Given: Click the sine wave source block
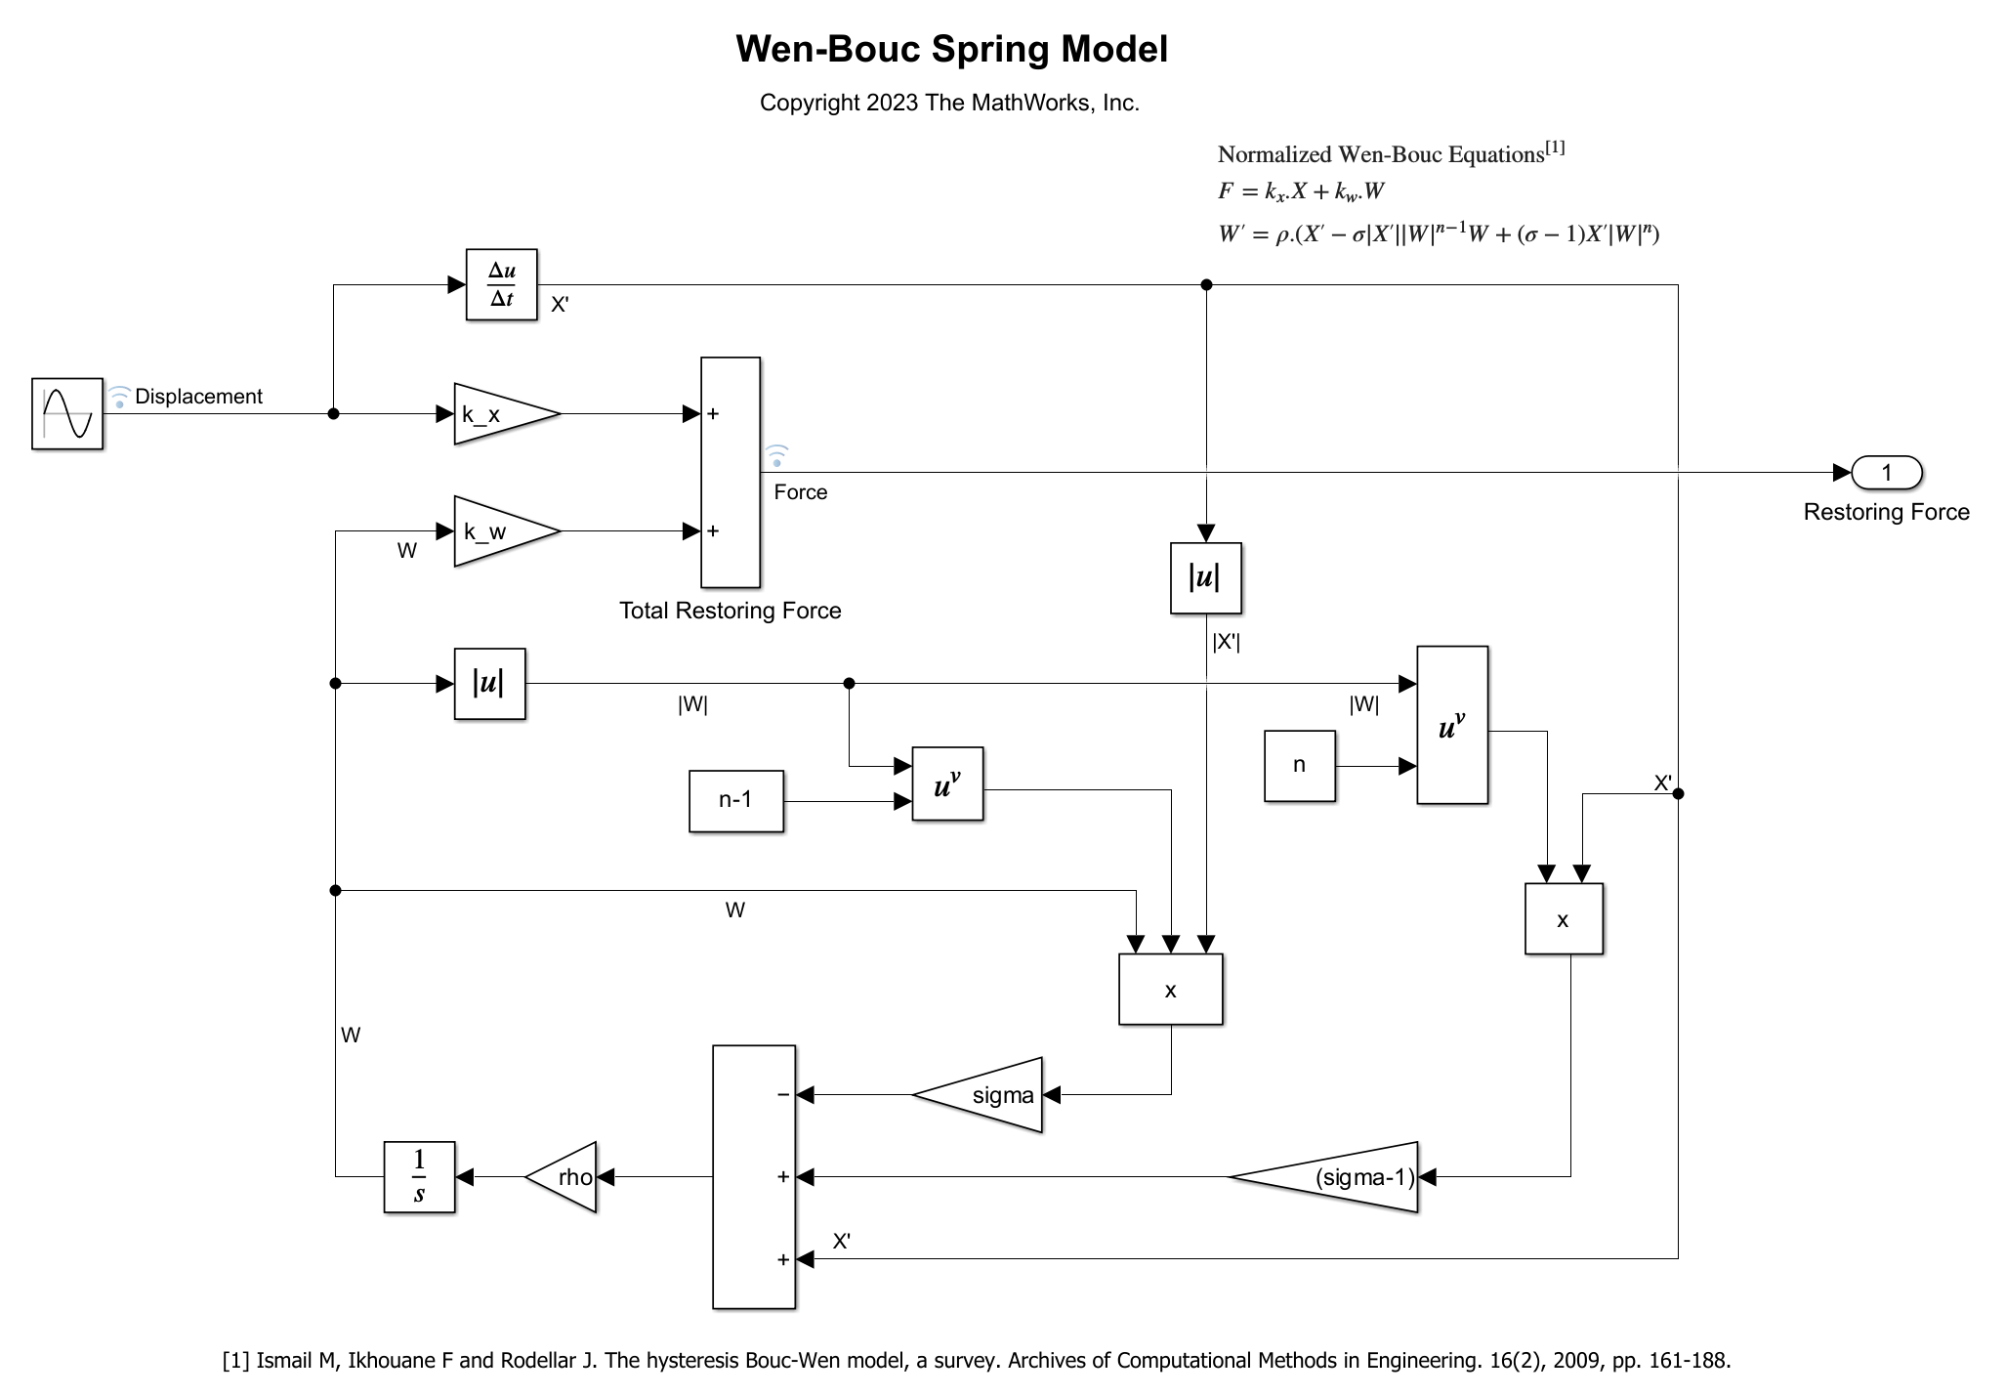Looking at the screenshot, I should coord(66,413).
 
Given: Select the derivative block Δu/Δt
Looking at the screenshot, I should coord(502,284).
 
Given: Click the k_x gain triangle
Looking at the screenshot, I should coord(498,414).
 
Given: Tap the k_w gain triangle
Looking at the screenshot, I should coord(498,531).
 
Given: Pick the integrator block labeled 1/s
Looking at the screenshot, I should coord(419,1176).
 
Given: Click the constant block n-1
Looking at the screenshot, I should coord(735,800).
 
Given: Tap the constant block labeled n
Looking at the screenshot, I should coord(1299,766).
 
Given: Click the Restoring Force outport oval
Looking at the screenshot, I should coord(1886,473).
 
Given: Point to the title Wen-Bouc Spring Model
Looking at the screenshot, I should coord(951,49).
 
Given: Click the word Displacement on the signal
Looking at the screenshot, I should coord(198,397).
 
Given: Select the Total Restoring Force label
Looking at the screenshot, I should coord(730,611).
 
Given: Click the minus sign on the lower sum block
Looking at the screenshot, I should coord(782,1095).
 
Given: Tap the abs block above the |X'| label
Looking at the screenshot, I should coord(1205,578).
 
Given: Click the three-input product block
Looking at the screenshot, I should coord(1170,989).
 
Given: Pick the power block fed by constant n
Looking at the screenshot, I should coord(1452,725).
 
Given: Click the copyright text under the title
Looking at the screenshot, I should coord(949,103).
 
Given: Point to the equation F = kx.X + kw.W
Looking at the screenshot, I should coord(1301,191).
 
